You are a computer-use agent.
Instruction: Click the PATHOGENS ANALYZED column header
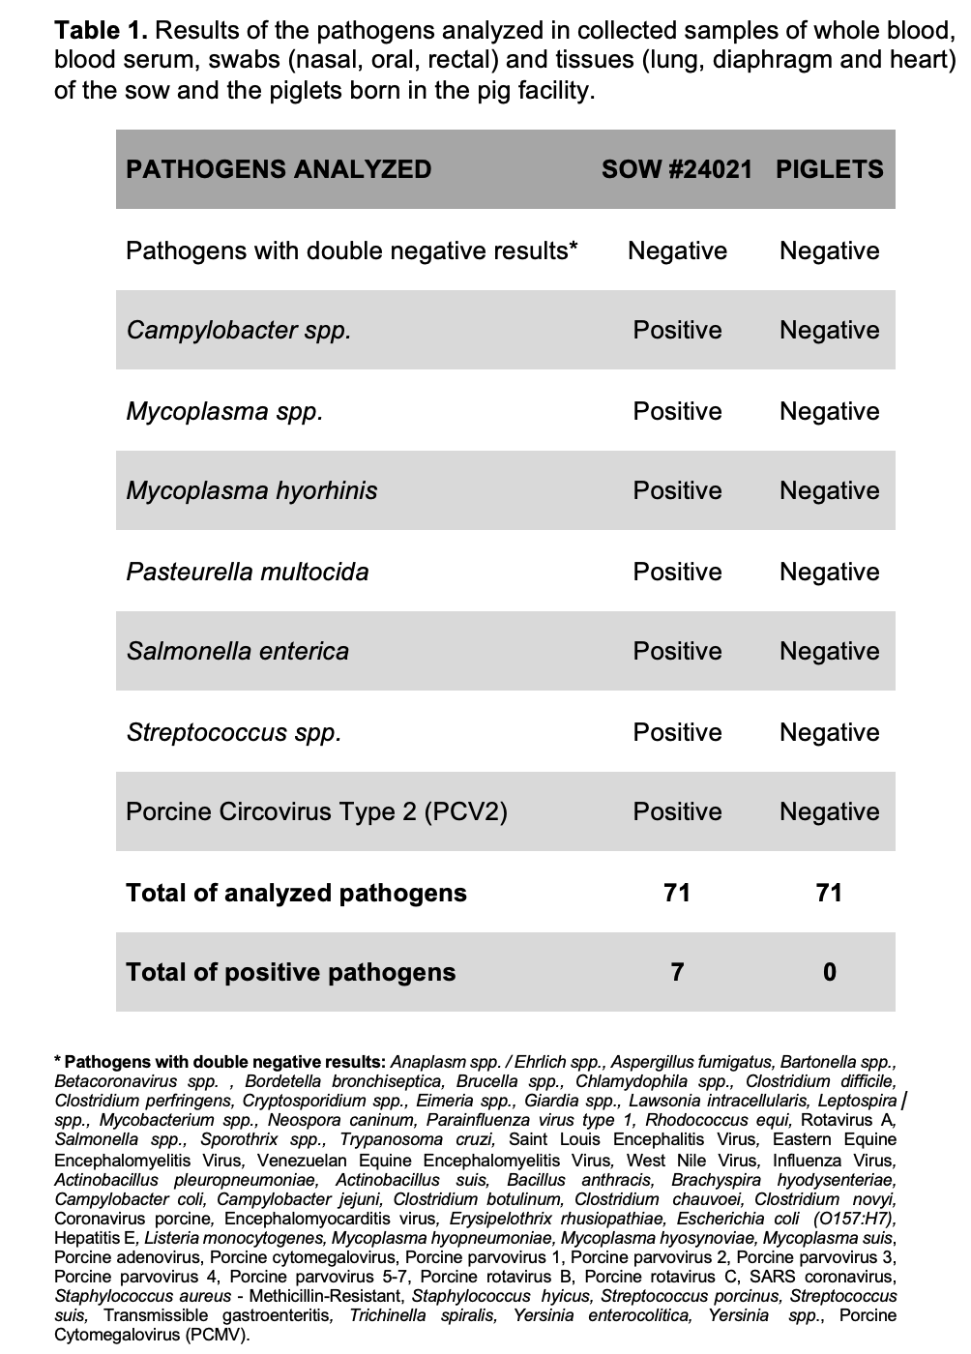tap(279, 169)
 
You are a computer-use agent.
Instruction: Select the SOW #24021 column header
tap(676, 169)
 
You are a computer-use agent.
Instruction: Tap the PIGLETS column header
tap(829, 169)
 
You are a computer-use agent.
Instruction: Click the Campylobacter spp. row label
tap(239, 330)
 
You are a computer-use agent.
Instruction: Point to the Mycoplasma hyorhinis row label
tap(251, 490)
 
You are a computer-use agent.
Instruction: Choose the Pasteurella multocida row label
tap(248, 572)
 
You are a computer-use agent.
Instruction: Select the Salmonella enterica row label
tap(237, 651)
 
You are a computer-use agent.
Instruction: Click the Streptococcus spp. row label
tap(234, 732)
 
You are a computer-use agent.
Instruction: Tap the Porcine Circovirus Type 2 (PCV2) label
tap(316, 811)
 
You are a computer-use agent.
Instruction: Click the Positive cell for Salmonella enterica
tap(677, 651)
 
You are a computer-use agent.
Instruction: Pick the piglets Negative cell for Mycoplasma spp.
tap(829, 411)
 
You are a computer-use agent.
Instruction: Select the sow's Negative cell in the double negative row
tap(677, 250)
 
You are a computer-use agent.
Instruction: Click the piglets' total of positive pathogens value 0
tap(829, 972)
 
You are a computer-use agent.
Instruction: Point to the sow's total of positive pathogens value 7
tap(677, 972)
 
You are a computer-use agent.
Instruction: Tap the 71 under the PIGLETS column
tap(829, 892)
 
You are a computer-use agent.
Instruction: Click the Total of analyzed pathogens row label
tap(296, 892)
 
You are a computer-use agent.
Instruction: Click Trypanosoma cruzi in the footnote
tap(417, 1140)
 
